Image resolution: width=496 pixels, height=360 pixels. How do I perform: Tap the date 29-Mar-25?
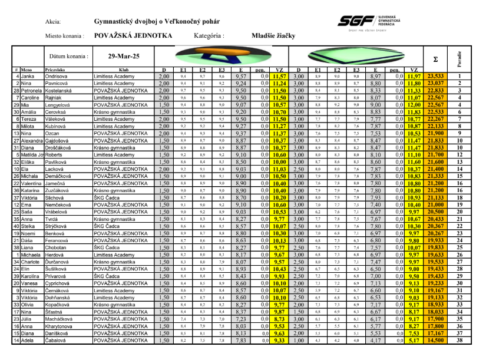pyautogui.click(x=124, y=57)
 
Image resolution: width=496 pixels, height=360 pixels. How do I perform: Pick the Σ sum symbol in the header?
pyautogui.click(x=435, y=59)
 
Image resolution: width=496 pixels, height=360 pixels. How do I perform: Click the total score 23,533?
pyautogui.click(x=436, y=77)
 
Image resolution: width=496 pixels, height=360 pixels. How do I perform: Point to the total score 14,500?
pyautogui.click(x=436, y=341)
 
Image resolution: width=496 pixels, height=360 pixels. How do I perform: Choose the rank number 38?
pyautogui.click(x=459, y=341)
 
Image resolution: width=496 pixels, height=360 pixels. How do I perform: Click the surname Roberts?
pyautogui.click(x=56, y=154)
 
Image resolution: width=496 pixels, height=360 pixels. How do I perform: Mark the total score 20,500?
pyautogui.click(x=436, y=211)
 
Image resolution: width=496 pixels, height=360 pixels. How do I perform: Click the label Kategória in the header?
pyautogui.click(x=209, y=36)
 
